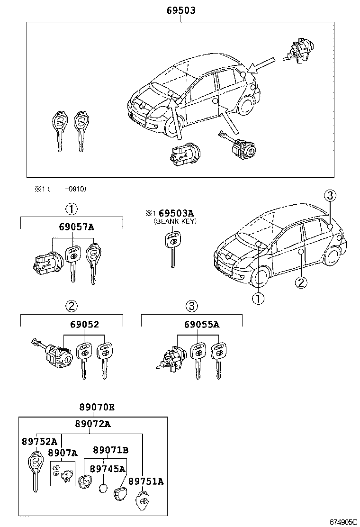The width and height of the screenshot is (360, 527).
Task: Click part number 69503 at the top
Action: (180, 10)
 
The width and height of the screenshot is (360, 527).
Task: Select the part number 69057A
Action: (76, 227)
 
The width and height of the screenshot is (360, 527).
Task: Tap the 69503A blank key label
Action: (176, 214)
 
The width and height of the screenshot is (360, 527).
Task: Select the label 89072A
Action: (92, 424)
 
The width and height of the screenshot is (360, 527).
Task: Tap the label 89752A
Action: (39, 441)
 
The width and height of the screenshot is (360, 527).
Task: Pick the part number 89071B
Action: (110, 450)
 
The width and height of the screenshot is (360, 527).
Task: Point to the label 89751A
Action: (146, 481)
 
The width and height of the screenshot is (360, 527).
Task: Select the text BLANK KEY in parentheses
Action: (175, 221)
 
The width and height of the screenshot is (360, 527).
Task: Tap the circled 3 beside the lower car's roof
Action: (330, 195)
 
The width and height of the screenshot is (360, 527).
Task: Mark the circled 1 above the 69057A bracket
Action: (71, 209)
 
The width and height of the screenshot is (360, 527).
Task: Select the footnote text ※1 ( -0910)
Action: (60, 189)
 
